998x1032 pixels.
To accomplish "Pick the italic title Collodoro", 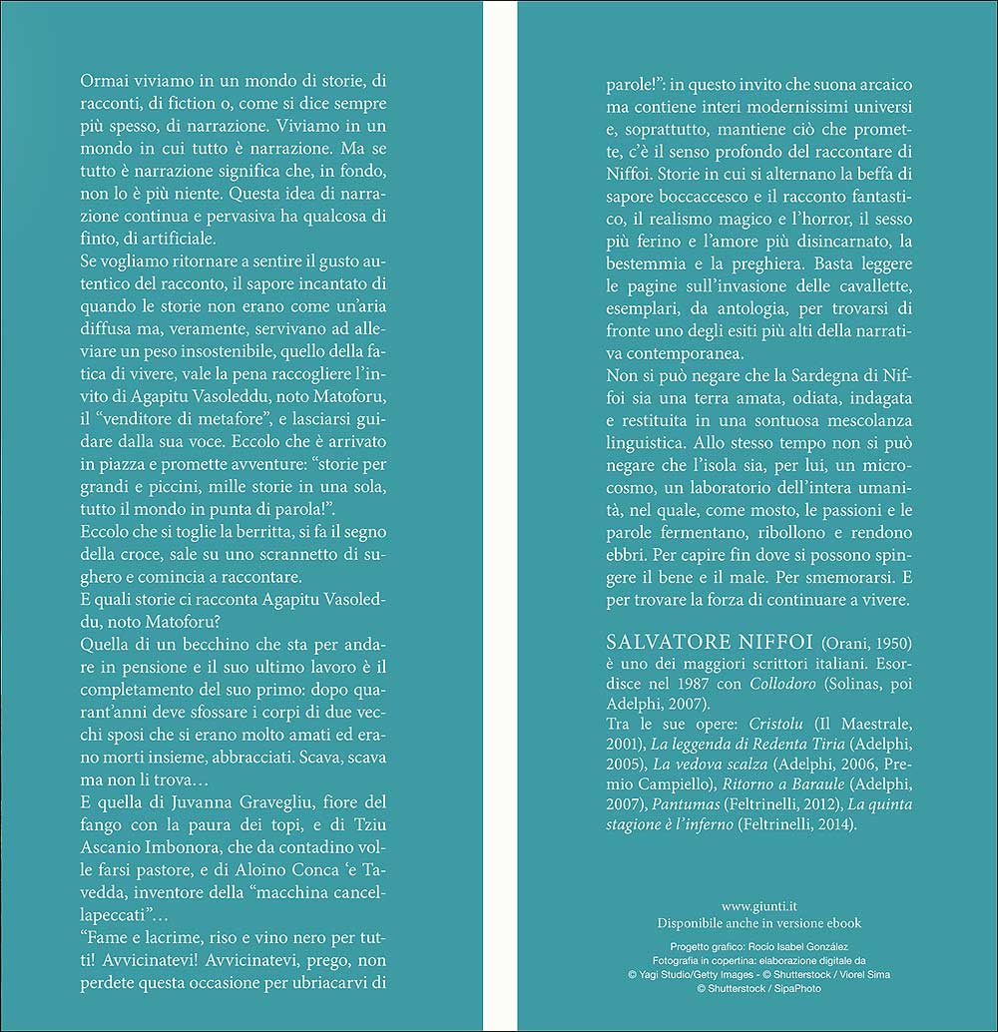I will (x=786, y=688).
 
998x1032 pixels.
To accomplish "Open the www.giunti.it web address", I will (x=759, y=906).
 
